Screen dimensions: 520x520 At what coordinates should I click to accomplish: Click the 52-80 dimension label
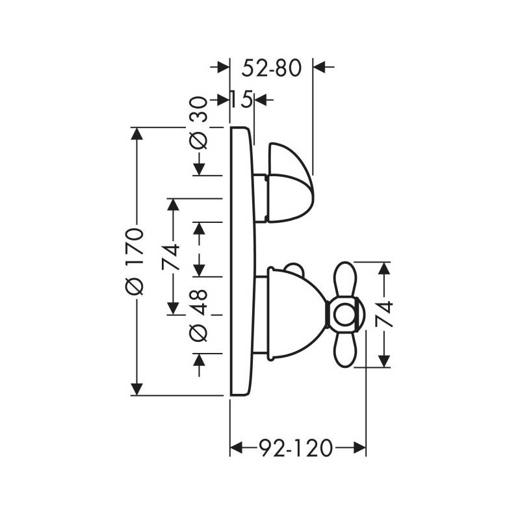pyautogui.click(x=271, y=68)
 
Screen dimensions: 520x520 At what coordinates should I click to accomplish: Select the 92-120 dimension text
pyautogui.click(x=295, y=448)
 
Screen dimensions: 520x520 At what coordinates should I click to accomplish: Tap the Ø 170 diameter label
pyautogui.click(x=135, y=261)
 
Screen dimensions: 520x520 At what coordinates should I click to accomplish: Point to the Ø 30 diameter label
pyautogui.click(x=198, y=123)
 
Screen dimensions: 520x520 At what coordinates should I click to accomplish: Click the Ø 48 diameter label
pyautogui.click(x=198, y=315)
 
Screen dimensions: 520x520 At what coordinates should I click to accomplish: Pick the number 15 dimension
pyautogui.click(x=241, y=99)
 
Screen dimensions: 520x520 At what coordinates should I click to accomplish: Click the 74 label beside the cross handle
pyautogui.click(x=383, y=315)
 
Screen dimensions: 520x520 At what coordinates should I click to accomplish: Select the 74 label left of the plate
pyautogui.click(x=171, y=257)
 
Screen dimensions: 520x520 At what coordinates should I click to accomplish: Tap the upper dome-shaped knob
pyautogui.click(x=290, y=183)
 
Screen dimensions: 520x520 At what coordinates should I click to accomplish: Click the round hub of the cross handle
pyautogui.click(x=345, y=315)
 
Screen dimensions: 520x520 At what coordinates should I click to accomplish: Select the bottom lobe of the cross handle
pyautogui.click(x=346, y=349)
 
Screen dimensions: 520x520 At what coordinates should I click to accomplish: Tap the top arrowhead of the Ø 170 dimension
pyautogui.click(x=137, y=134)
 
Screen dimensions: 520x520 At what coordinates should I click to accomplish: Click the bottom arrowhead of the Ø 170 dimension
pyautogui.click(x=137, y=389)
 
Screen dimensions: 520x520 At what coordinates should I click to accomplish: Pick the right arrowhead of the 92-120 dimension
pyautogui.click(x=359, y=448)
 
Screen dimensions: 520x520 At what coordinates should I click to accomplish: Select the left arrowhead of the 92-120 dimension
pyautogui.click(x=237, y=448)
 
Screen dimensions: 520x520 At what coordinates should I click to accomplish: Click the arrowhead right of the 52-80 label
pyautogui.click(x=320, y=67)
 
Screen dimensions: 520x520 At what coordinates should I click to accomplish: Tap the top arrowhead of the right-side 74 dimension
pyautogui.click(x=384, y=268)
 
